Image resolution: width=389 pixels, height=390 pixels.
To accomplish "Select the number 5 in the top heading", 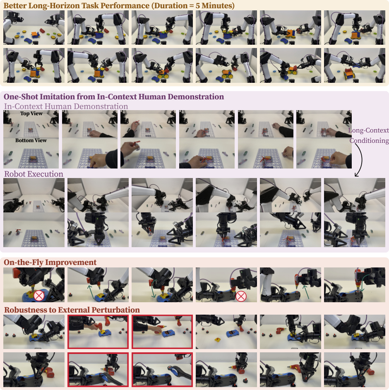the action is [197, 6].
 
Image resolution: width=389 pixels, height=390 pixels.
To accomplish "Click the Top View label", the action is [31, 113].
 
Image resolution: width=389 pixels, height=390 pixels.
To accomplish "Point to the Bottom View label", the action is [31, 140].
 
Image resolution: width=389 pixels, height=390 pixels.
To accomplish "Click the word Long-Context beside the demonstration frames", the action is [368, 130].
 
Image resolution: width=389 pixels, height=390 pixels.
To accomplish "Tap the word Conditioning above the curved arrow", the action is [369, 140].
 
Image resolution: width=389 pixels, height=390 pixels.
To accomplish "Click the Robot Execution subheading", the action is [34, 174].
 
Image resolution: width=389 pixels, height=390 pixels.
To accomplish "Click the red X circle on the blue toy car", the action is [39, 296].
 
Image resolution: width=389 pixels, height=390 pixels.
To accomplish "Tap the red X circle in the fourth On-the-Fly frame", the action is [240, 296].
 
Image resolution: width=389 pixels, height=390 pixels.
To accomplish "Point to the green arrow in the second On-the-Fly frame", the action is [91, 292].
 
